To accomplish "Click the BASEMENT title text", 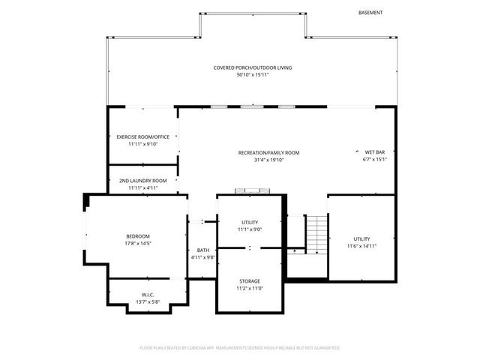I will [370, 13].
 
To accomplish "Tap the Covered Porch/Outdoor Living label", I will [252, 67].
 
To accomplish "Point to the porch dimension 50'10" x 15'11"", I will [252, 75].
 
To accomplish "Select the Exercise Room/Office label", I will [142, 136].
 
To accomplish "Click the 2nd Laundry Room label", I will [142, 181].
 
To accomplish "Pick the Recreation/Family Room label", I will [268, 152].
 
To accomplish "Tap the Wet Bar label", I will [374, 152].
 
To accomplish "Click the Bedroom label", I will [138, 236].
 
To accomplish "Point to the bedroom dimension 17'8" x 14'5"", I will [138, 244].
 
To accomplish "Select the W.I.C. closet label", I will [148, 295].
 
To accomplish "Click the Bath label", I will [203, 250].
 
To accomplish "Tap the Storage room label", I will [250, 281].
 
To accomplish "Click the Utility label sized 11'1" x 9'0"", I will [250, 222].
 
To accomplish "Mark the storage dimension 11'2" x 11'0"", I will [250, 289].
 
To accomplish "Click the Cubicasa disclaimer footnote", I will [240, 348].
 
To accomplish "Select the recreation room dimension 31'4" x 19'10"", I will [268, 160].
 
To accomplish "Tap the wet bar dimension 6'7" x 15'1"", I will [374, 160].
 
